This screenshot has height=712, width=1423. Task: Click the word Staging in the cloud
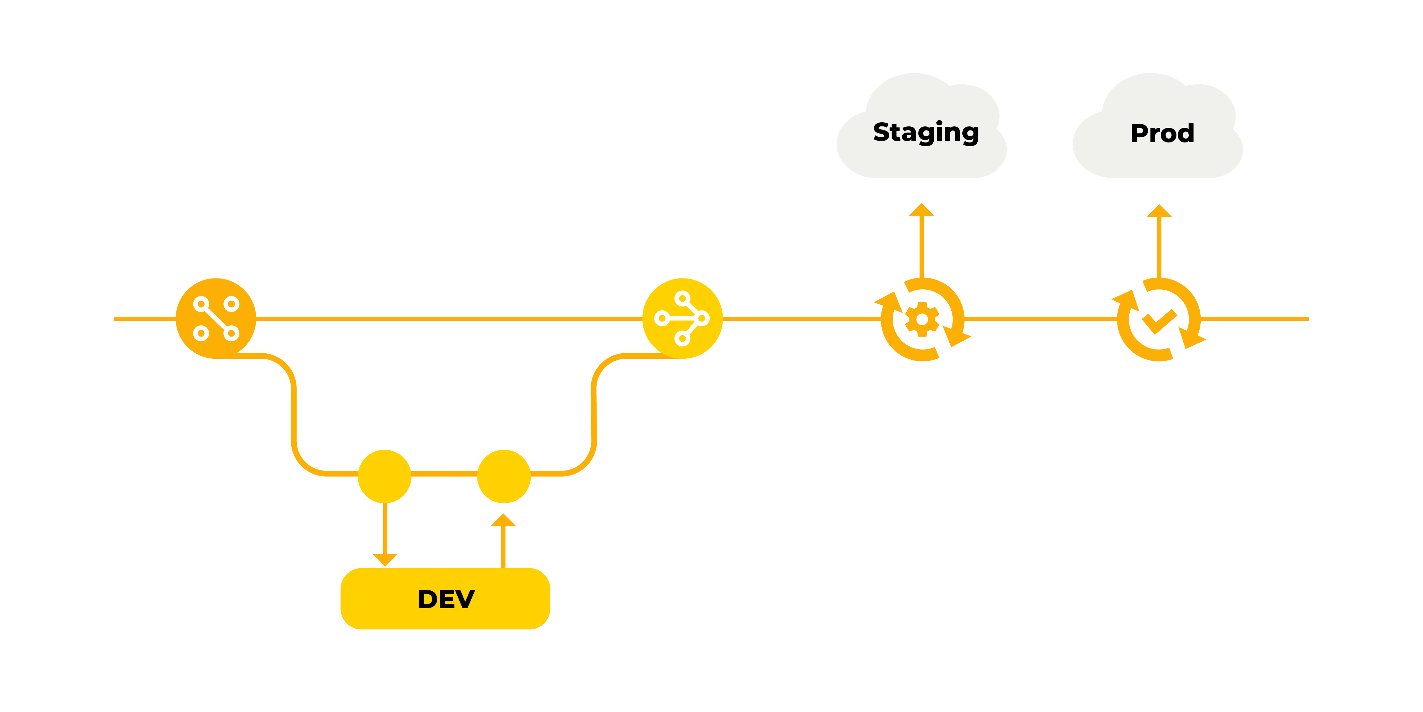925,133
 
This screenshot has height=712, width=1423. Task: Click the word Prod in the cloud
1162,133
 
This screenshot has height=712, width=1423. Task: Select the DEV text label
446,599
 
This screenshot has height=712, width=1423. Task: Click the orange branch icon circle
216,318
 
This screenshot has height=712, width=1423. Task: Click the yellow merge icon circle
682,318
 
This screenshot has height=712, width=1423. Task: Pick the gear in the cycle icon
922,319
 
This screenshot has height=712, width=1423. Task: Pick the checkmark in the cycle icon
1159,320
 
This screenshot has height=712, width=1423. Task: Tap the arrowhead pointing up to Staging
921,210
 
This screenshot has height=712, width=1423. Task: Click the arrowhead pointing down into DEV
385,559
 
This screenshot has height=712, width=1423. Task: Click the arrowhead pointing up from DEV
503,521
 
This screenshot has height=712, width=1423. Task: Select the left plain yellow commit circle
385,476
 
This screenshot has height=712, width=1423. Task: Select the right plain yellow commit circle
504,476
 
